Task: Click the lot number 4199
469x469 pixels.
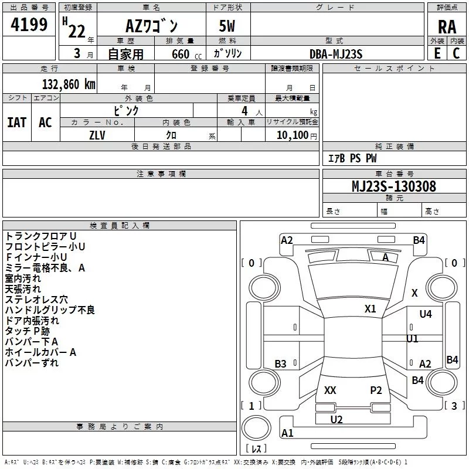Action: coord(29,26)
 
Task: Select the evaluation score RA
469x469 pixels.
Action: coord(447,26)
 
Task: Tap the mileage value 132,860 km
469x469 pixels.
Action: coord(69,84)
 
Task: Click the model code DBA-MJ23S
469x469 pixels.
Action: coord(336,54)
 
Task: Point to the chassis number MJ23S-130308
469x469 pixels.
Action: coord(394,186)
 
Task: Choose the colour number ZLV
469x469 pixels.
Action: coord(97,135)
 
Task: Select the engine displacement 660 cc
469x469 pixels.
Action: coord(177,54)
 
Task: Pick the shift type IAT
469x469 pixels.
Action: coord(16,122)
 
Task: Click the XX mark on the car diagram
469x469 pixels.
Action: coord(330,390)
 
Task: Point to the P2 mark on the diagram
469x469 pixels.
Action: coord(376,390)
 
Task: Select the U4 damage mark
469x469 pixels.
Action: coord(426,314)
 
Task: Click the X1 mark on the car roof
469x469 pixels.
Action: coord(371,309)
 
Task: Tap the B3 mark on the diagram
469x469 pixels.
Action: coord(281,364)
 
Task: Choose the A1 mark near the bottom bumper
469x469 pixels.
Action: coord(287,433)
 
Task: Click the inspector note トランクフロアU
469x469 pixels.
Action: coord(37,236)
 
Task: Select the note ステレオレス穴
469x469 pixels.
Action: coord(36,300)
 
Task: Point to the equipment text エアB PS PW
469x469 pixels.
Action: coord(352,158)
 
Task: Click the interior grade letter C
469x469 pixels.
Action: coord(457,53)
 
